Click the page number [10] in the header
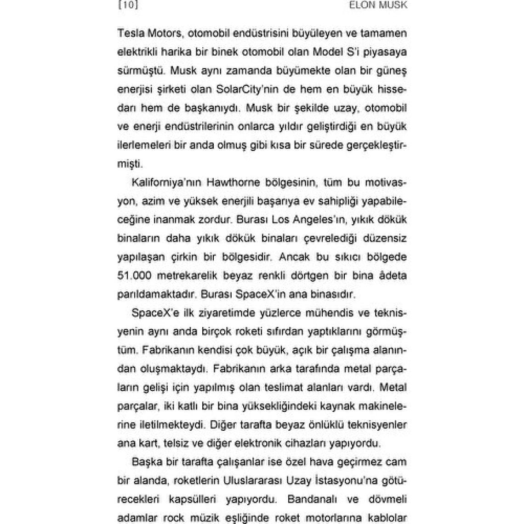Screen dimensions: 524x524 pos(128,5)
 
